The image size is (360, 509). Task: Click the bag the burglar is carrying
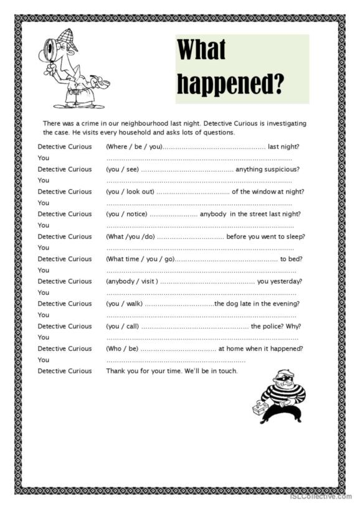click(258, 408)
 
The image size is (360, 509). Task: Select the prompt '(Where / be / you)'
click(134, 147)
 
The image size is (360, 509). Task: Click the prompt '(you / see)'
click(121, 169)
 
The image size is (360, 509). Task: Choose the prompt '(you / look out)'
click(130, 192)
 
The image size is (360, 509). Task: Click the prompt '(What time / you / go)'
click(140, 259)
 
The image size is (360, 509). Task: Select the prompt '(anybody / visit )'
click(132, 281)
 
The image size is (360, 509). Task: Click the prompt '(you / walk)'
click(124, 304)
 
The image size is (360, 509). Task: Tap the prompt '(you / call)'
click(122, 326)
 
